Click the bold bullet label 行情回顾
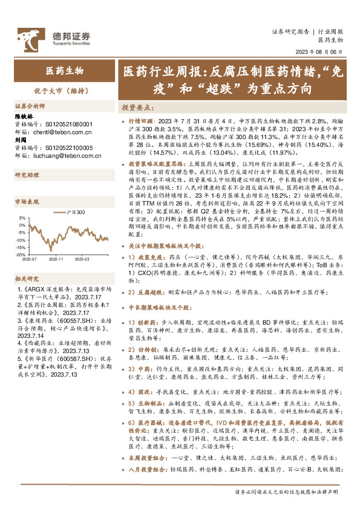coord(139,122)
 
